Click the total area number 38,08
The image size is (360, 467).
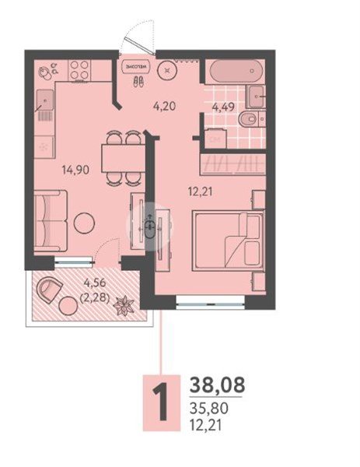(217, 384)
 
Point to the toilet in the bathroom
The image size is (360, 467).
(250, 120)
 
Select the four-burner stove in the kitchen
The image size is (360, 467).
(79, 70)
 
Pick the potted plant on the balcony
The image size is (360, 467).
(124, 306)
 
